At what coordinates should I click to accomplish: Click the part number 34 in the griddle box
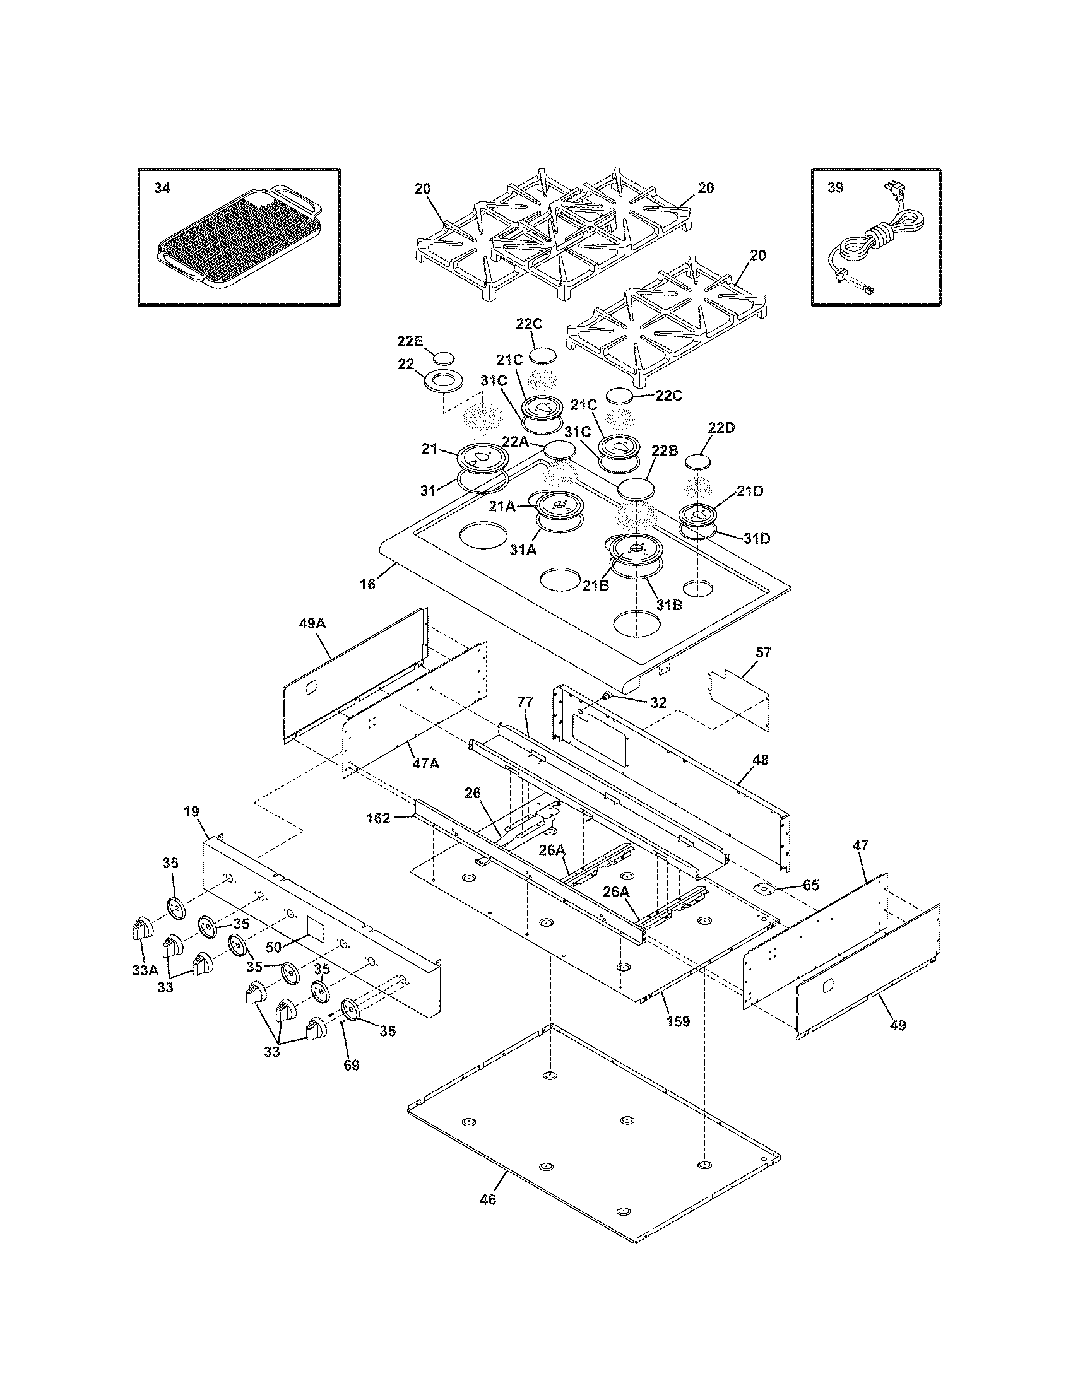[162, 189]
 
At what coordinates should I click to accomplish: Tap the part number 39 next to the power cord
[835, 189]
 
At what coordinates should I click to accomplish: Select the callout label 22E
[410, 341]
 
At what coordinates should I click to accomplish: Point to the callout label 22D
[721, 428]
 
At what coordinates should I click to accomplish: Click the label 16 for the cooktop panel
[368, 584]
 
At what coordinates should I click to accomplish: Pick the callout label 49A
[312, 624]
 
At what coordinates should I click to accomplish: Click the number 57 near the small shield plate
[763, 652]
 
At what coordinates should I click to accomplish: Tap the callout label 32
[658, 702]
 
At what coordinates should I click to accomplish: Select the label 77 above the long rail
[525, 702]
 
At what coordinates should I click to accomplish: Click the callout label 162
[378, 818]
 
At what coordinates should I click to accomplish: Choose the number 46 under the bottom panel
[487, 1217]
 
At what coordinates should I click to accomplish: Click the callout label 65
[810, 885]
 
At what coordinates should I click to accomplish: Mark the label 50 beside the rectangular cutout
[273, 947]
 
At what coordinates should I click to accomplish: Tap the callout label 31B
[669, 605]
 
